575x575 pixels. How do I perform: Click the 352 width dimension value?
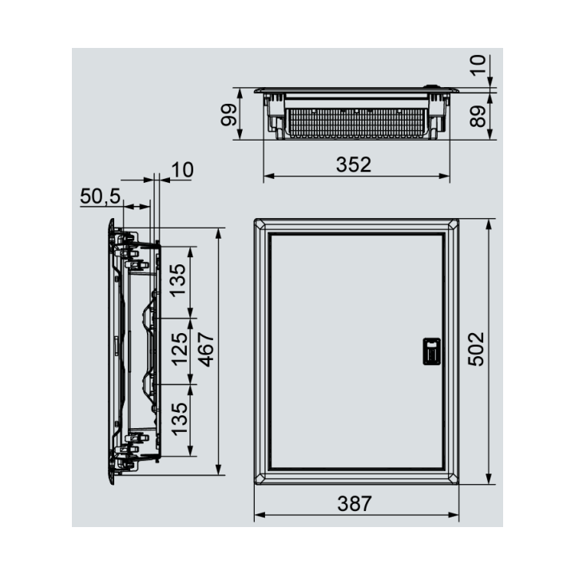click(354, 165)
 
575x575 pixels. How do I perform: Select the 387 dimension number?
click(354, 504)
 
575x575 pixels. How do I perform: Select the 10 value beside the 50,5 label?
click(182, 169)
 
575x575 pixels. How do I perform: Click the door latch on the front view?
click(430, 351)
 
